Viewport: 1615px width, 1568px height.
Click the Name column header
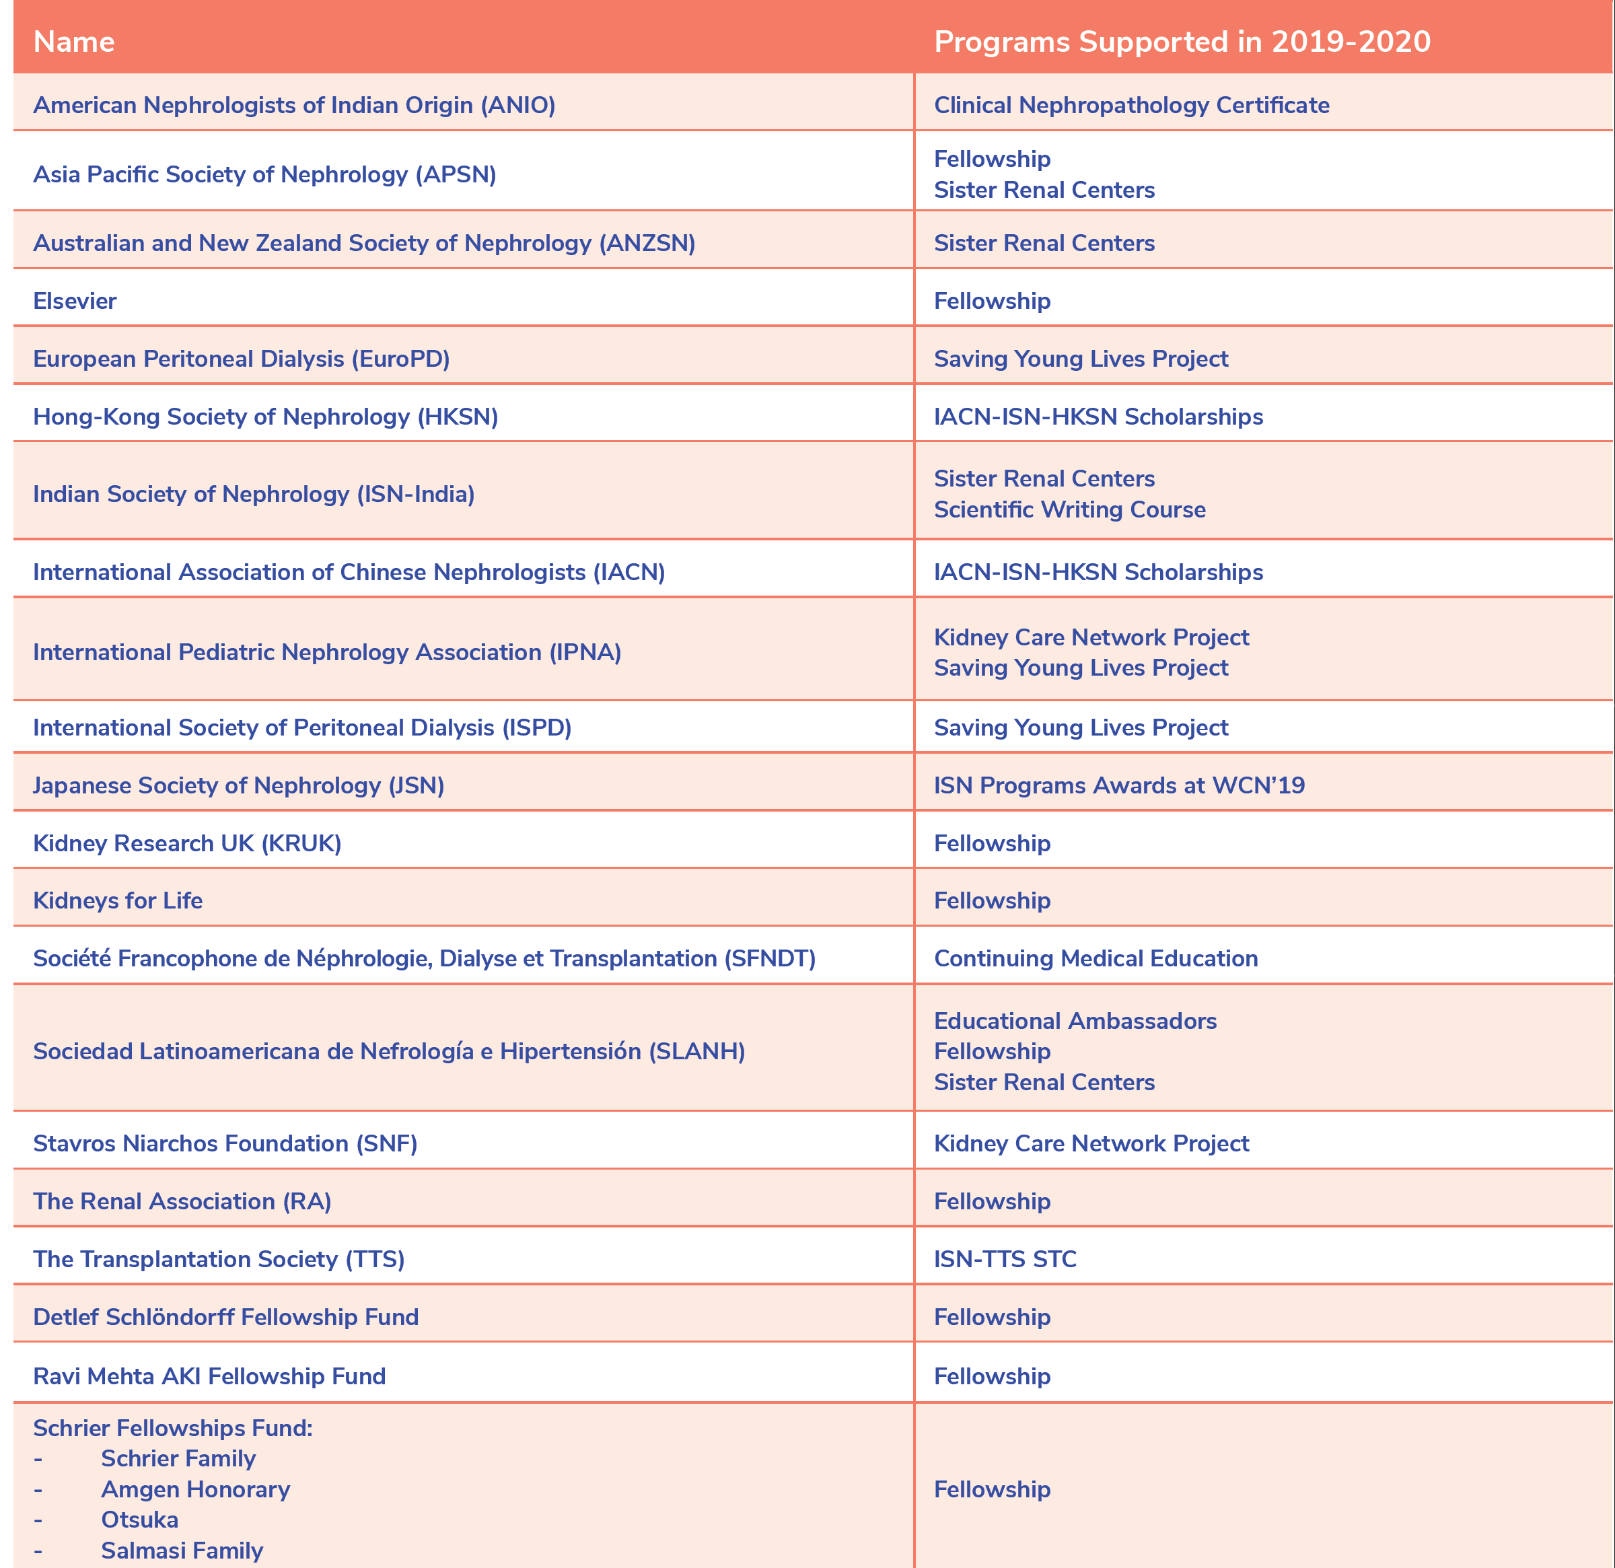(x=74, y=42)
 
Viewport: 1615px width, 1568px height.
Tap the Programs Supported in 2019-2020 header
(x=1182, y=42)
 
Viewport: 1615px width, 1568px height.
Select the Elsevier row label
(x=75, y=301)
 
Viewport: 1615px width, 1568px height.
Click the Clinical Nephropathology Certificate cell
(x=1131, y=106)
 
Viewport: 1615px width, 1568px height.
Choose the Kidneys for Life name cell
(x=118, y=900)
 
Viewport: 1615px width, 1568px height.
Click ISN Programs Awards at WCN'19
(x=1119, y=785)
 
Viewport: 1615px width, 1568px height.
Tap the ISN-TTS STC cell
(x=1005, y=1259)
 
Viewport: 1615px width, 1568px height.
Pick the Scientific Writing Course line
(x=1069, y=509)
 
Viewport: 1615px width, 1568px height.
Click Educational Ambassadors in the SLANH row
(x=1075, y=1021)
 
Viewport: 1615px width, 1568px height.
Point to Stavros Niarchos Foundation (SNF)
(x=225, y=1143)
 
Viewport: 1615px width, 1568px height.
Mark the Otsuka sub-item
(x=139, y=1520)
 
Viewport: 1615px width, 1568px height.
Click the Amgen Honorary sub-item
(x=195, y=1489)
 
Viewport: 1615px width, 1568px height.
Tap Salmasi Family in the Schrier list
(x=182, y=1550)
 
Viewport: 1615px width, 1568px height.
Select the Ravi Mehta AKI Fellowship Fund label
(x=209, y=1376)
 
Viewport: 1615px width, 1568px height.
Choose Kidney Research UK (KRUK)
(x=187, y=843)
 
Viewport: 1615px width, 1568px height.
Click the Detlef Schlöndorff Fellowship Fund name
(x=226, y=1317)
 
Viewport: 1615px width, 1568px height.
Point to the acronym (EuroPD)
(x=400, y=359)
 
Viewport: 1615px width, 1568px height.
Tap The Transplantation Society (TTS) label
(x=218, y=1259)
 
